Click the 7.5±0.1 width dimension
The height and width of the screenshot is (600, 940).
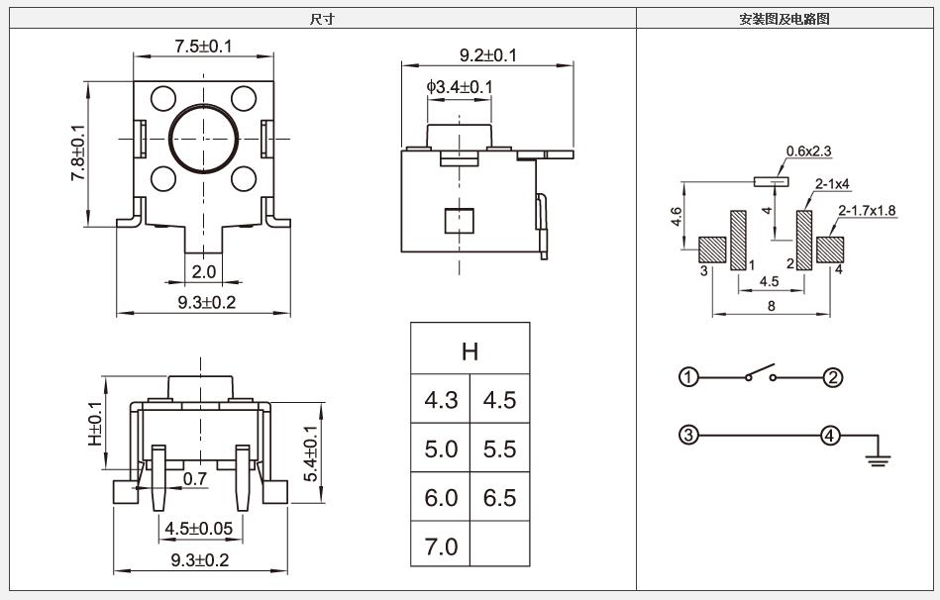pos(203,46)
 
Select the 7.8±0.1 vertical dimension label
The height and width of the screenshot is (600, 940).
pos(78,151)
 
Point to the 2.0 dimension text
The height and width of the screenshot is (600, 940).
pos(204,271)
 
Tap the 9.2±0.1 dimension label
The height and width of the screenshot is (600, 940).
pos(487,55)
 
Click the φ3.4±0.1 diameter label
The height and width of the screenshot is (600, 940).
pos(460,87)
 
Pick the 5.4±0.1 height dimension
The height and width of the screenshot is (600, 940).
pos(311,453)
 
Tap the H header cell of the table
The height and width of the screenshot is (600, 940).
pos(470,350)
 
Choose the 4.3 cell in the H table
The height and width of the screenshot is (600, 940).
pos(441,400)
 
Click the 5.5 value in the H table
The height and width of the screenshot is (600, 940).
pos(499,449)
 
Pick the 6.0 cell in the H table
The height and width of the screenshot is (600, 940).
pos(441,497)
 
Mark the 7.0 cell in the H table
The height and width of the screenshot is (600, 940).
pos(441,546)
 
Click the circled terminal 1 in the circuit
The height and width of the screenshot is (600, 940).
pos(688,377)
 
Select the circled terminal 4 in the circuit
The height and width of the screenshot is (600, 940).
pos(830,435)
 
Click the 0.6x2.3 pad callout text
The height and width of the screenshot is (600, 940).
pos(808,151)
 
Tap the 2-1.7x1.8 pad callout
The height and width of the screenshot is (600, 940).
pos(867,210)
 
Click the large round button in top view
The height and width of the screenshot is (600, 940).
pos(203,139)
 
